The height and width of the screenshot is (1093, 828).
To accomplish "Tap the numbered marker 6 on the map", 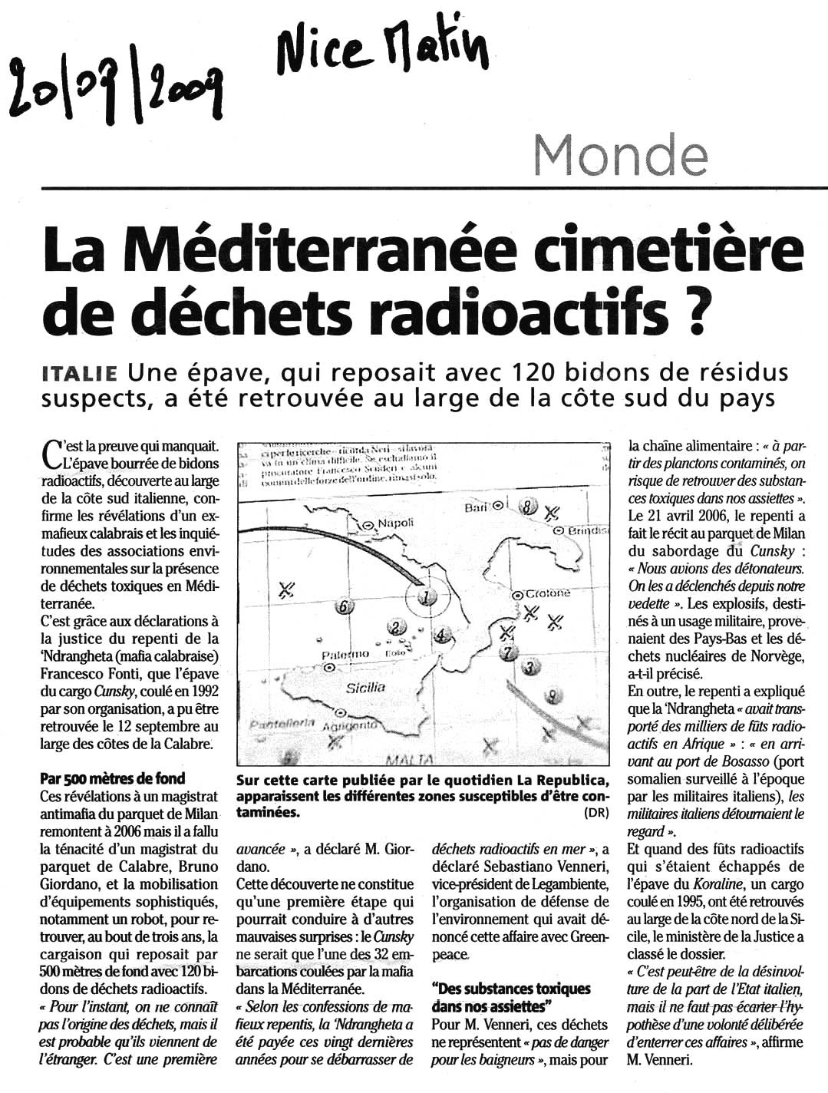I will (345, 606).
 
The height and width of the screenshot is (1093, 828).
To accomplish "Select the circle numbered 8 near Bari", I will (527, 507).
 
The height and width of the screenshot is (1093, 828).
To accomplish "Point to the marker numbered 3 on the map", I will (528, 667).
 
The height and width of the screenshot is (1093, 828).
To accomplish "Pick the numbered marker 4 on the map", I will (440, 635).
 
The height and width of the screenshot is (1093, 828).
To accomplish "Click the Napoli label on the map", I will (393, 523).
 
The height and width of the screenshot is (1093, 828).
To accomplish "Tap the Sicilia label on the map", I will (365, 688).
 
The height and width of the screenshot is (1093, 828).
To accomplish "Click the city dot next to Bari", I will (498, 507).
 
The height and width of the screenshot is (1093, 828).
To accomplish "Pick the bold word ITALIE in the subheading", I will (80, 374).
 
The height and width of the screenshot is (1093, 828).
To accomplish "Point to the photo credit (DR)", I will (595, 813).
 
